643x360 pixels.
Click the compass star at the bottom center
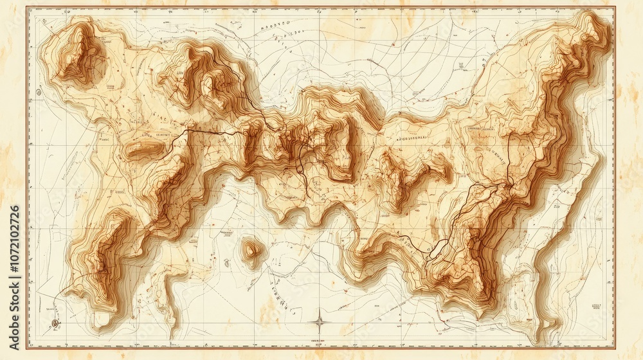pos(320,321)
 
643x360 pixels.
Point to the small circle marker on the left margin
pos(39,93)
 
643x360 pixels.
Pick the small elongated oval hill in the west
pos(145,150)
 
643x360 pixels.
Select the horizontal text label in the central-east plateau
pos(411,138)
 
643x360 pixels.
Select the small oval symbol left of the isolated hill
pos(227,262)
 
